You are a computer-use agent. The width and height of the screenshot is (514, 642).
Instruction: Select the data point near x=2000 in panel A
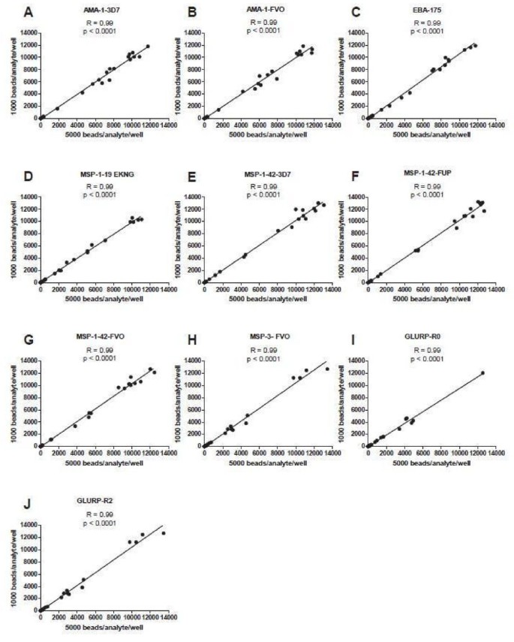coord(58,108)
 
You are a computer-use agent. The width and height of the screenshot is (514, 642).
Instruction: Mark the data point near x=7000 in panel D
coord(105,240)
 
